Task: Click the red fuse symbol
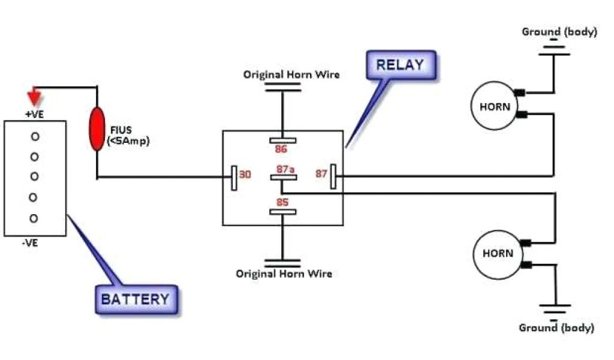(x=96, y=129)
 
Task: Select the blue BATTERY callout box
(x=137, y=299)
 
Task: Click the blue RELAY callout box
(x=400, y=65)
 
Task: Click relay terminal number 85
(x=282, y=202)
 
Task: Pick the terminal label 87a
(x=285, y=170)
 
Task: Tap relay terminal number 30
(x=245, y=175)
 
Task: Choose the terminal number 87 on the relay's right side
(x=321, y=174)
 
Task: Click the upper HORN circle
(x=495, y=107)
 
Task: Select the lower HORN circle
(x=498, y=253)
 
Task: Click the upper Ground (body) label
(x=559, y=32)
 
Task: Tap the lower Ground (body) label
(x=556, y=328)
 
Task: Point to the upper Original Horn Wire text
(x=291, y=75)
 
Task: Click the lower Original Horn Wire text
(x=284, y=274)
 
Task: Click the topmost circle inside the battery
(x=35, y=137)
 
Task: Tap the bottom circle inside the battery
(x=34, y=218)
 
